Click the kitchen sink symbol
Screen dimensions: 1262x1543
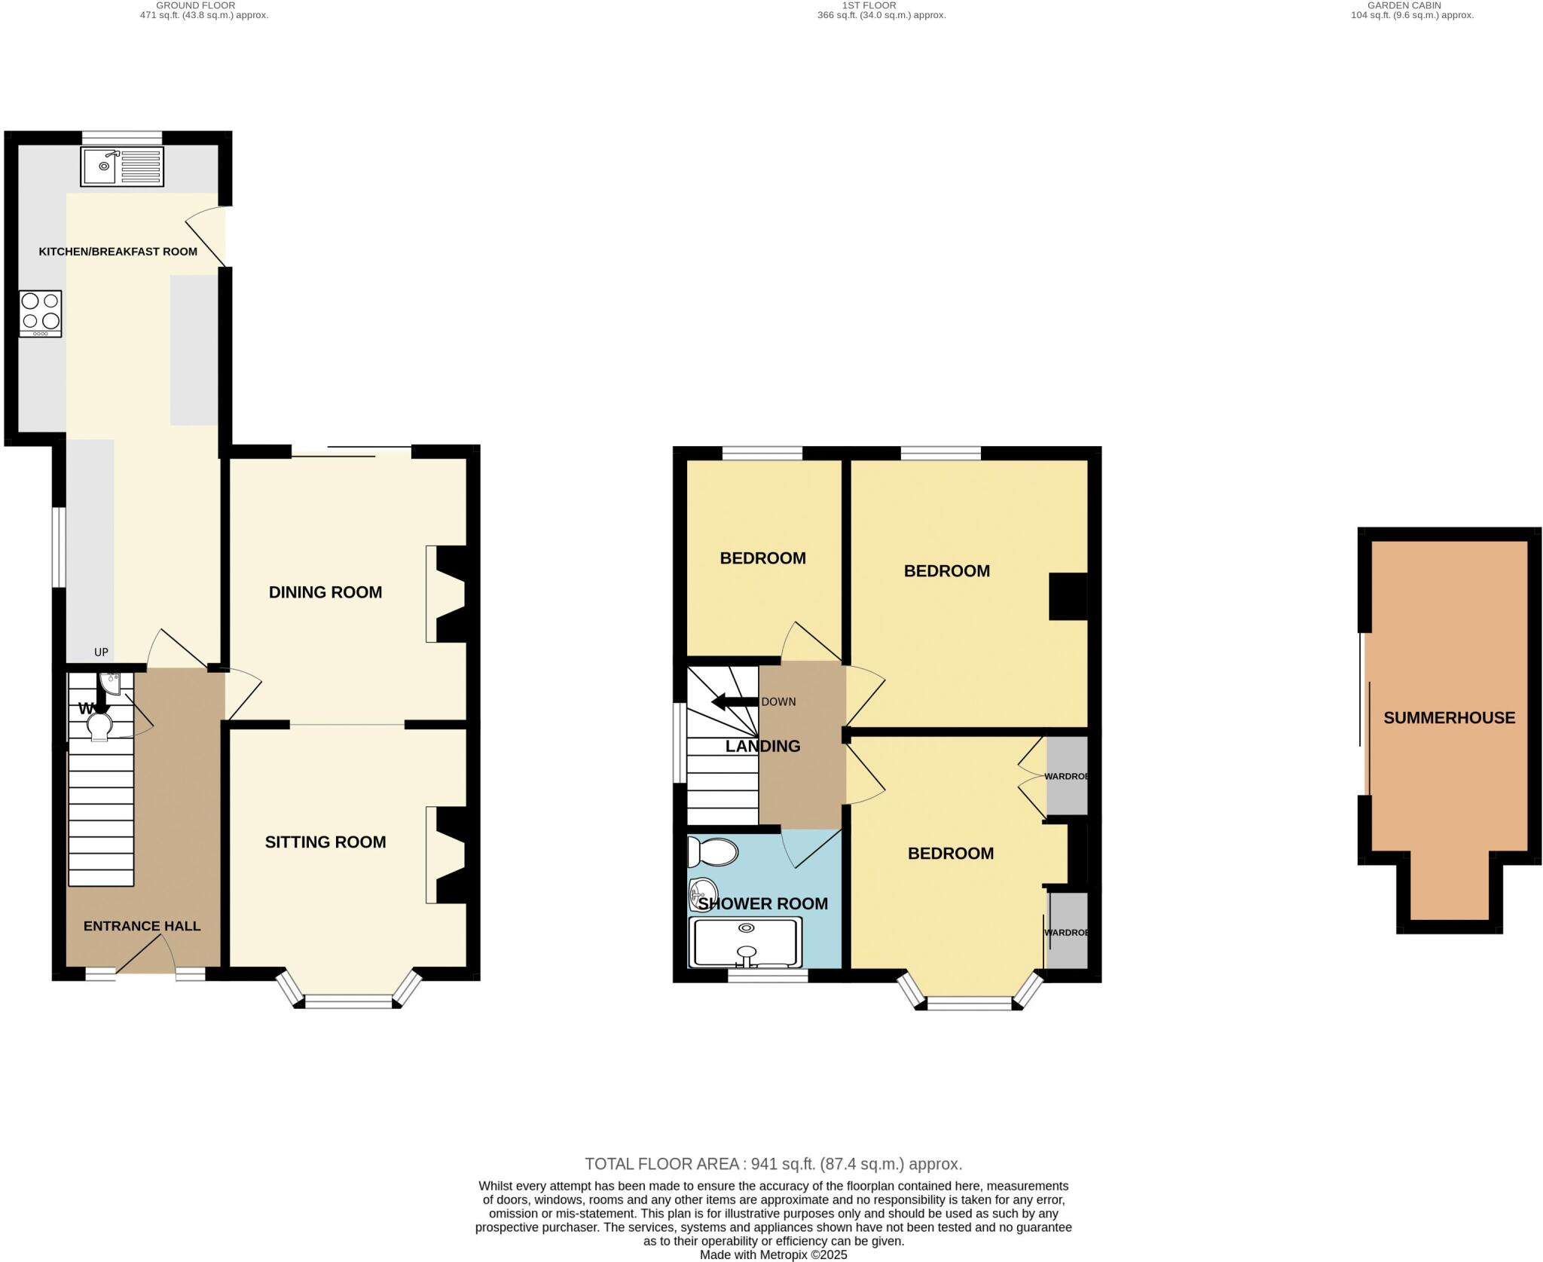(122, 167)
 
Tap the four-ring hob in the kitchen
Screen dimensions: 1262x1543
(41, 313)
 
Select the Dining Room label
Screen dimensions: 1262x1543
(325, 592)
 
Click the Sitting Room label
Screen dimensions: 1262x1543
(325, 842)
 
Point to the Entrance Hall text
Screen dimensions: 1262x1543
(142, 926)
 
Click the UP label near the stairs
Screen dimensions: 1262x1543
(101, 652)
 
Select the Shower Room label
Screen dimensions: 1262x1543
(762, 903)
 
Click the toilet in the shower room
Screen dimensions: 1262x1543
(713, 852)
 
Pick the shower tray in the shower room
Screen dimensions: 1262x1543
(746, 943)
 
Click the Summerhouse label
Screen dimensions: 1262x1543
(1449, 717)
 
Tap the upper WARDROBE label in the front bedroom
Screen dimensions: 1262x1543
(1066, 776)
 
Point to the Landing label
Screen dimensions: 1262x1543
(762, 746)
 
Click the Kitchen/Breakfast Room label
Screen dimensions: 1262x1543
(118, 252)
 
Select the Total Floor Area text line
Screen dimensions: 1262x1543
(773, 1163)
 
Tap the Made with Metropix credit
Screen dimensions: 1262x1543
(773, 1254)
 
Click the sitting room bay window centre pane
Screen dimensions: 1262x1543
(348, 1001)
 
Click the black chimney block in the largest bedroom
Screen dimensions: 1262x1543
(1068, 597)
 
